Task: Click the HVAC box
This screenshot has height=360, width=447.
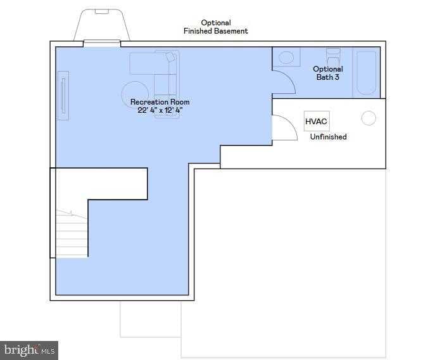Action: (x=317, y=121)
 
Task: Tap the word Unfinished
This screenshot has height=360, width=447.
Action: (x=328, y=136)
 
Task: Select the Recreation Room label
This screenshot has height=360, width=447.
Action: (x=160, y=102)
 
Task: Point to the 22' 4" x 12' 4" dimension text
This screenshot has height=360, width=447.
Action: (x=160, y=110)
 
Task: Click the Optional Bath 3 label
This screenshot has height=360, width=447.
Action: (x=328, y=73)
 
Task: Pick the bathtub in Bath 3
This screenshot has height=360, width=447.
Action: (x=366, y=72)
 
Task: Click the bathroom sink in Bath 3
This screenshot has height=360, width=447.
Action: (x=286, y=58)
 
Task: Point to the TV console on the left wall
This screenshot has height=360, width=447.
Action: (x=63, y=95)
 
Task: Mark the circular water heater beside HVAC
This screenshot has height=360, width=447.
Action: (x=368, y=119)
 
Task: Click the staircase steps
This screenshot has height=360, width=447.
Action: (x=71, y=235)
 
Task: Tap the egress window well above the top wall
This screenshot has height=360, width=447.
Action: (x=102, y=25)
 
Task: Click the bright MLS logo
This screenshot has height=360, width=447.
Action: (x=29, y=349)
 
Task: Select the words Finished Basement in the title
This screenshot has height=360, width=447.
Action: (x=216, y=31)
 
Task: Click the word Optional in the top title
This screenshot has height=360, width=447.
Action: (x=216, y=23)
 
